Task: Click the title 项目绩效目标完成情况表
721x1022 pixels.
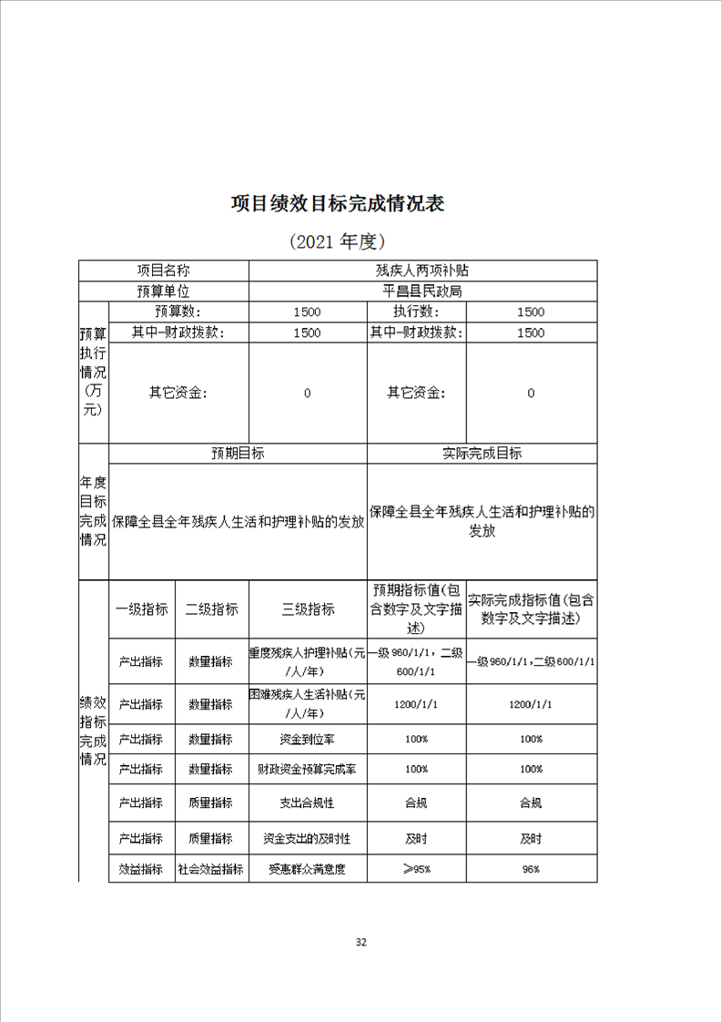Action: pos(338,202)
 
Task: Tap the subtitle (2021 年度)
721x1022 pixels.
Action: pos(338,241)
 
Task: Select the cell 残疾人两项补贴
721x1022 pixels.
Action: pos(422,271)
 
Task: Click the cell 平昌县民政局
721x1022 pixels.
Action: pos(422,291)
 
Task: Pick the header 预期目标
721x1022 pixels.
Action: pos(238,453)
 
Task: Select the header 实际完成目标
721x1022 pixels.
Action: pos(482,453)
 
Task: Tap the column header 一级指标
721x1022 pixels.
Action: pos(141,609)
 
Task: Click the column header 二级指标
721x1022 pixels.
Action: pos(211,609)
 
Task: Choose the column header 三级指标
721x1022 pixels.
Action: pos(308,609)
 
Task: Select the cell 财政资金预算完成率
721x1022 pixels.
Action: pos(308,769)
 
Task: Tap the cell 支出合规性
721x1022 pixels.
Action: pos(308,802)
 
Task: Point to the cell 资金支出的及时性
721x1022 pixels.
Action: pos(308,838)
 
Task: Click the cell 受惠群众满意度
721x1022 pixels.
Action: pos(308,869)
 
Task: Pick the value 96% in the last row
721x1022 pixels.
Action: pos(531,869)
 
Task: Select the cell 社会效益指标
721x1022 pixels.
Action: pos(211,869)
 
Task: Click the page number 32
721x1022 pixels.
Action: pos(360,942)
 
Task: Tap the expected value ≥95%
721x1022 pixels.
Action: pos(416,869)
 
